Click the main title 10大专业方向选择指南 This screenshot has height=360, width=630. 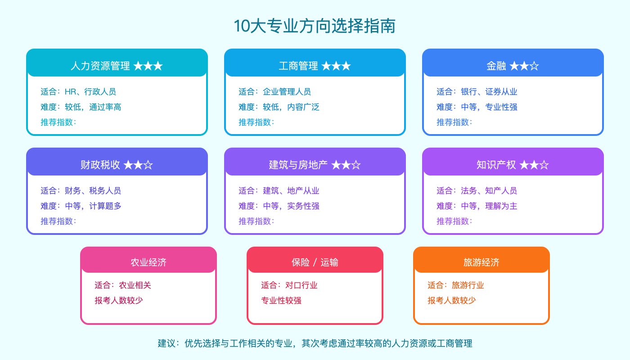tap(315, 26)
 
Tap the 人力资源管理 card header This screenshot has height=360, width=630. tap(117, 66)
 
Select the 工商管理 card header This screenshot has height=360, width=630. tap(315, 66)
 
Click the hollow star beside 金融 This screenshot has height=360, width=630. tap(534, 66)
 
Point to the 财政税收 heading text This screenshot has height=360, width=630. tap(100, 165)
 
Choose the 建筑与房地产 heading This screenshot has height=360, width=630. tap(298, 165)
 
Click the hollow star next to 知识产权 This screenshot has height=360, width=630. tap(544, 165)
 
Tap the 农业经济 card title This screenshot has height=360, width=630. tap(148, 262)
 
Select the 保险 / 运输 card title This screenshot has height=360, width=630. tap(315, 262)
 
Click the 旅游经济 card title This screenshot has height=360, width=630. tap(481, 262)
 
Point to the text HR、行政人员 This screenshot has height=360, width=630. tap(90, 92)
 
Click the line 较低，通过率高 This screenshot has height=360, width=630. tap(93, 107)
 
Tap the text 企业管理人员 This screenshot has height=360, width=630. tap(287, 92)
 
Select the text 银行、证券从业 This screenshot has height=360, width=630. tap(489, 92)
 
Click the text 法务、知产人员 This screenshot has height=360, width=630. tap(489, 191)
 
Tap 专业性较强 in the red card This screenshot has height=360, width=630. tap(281, 301)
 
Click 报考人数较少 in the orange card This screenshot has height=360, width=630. tap(452, 301)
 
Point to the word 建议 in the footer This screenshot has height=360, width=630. tap(166, 344)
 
